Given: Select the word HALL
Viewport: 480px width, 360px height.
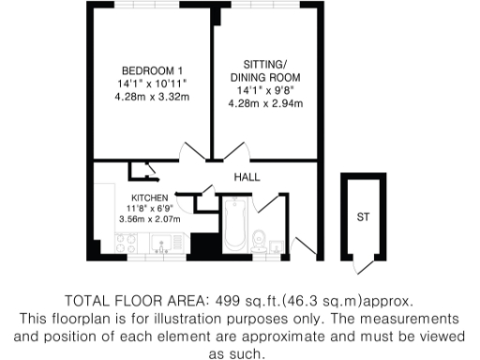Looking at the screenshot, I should point(247,177).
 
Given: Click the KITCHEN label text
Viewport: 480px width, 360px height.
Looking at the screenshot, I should point(149,198).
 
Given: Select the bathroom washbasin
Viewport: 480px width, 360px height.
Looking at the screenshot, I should point(276,247).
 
